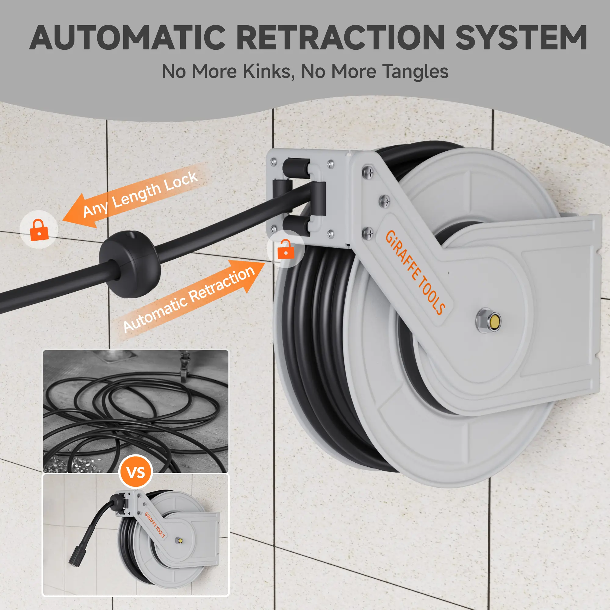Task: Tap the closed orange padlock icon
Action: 39,230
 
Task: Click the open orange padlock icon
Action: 285,249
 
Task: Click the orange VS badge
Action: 136,472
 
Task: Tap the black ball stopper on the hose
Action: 130,264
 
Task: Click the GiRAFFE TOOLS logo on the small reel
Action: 155,524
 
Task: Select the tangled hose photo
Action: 135,411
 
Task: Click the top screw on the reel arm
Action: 368,172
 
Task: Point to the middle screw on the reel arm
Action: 384,201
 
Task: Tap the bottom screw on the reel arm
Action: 367,234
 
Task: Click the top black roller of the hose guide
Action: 296,167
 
